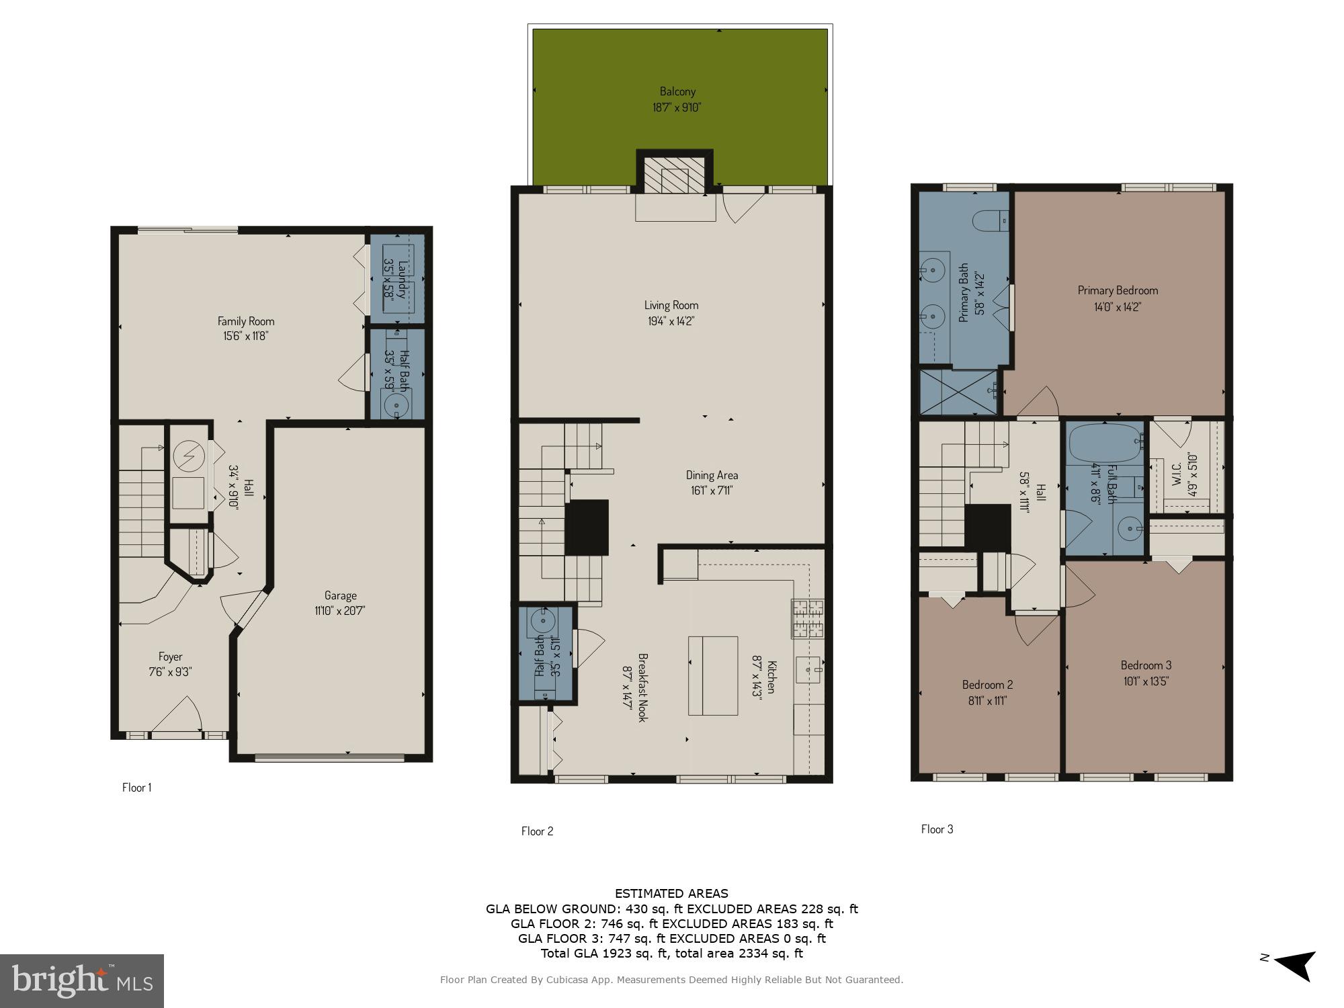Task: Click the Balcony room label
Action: tap(677, 91)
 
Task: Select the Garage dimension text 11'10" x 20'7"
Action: tap(340, 611)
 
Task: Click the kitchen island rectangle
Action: tap(712, 675)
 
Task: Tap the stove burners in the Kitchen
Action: tap(808, 619)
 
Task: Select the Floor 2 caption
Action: tap(537, 831)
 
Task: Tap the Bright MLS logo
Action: tap(81, 980)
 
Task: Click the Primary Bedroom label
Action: tap(1118, 290)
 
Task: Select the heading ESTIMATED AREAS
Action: tap(671, 894)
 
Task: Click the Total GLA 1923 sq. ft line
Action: tap(671, 953)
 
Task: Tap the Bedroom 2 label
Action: tap(987, 685)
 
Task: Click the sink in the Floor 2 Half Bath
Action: tap(542, 619)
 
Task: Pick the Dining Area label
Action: tap(712, 475)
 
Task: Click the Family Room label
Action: tap(246, 321)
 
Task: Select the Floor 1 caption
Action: tap(136, 788)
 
